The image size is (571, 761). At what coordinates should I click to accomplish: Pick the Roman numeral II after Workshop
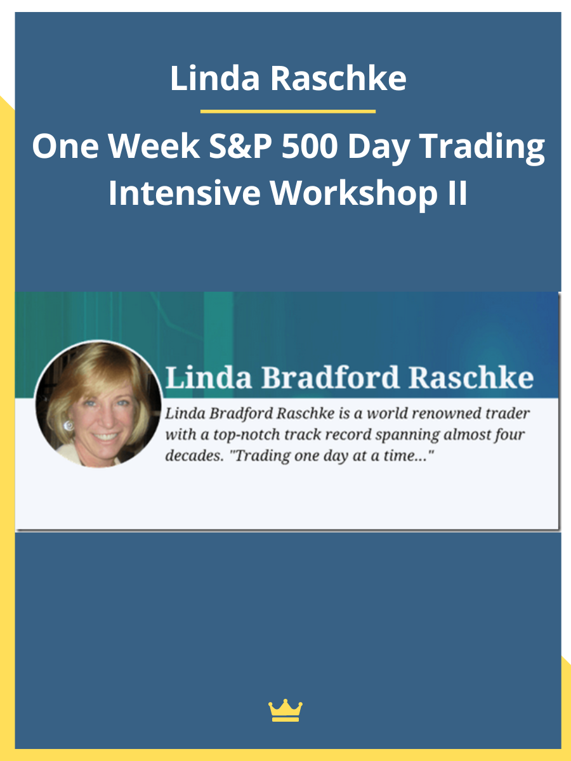click(454, 193)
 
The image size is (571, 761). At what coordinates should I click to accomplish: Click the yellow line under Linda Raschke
click(287, 112)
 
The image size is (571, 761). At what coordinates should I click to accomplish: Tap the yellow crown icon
click(285, 711)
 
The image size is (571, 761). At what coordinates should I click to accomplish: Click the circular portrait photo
click(98, 404)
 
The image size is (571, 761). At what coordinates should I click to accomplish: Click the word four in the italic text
click(511, 436)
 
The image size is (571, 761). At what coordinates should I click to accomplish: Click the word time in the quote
click(405, 457)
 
